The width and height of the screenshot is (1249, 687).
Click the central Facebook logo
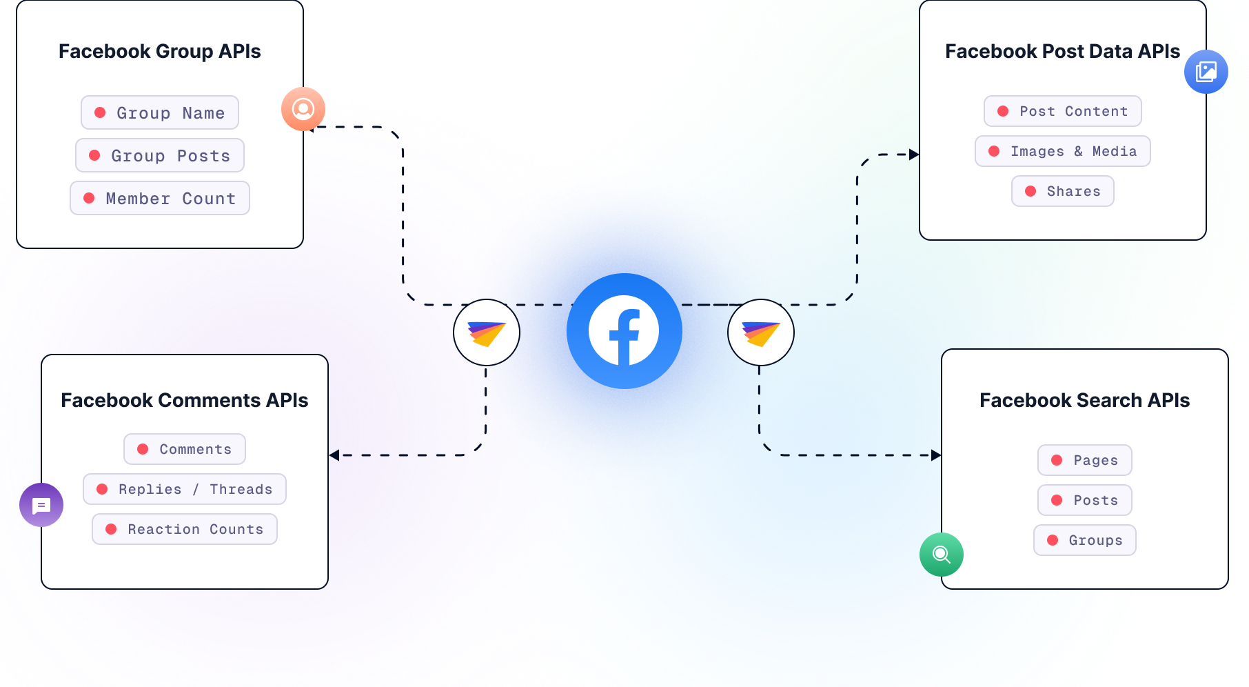point(624,332)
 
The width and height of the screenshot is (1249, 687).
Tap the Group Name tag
point(160,112)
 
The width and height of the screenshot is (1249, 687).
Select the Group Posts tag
point(160,155)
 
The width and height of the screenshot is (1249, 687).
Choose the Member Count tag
point(160,198)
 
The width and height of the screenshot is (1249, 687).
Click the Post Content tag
point(1062,111)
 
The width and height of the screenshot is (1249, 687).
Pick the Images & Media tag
point(1062,151)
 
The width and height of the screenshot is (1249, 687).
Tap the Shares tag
point(1062,191)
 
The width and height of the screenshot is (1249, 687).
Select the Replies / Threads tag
point(185,489)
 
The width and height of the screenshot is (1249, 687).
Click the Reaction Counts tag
point(185,529)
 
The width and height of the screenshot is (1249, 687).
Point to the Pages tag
point(1084,460)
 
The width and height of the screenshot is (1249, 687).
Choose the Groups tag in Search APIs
point(1084,540)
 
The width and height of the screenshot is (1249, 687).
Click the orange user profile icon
point(303,109)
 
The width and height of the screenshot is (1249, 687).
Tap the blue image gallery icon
point(1206,72)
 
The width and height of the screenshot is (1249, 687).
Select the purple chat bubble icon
point(41,505)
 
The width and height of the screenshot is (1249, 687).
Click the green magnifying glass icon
point(941,555)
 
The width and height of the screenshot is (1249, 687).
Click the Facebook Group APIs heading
point(160,51)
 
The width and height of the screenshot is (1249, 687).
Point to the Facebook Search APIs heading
point(1084,400)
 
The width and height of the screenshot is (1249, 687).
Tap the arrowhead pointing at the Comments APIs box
point(334,455)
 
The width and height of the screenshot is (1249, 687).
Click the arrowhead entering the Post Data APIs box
point(914,155)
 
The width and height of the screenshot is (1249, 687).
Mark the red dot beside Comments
point(143,449)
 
